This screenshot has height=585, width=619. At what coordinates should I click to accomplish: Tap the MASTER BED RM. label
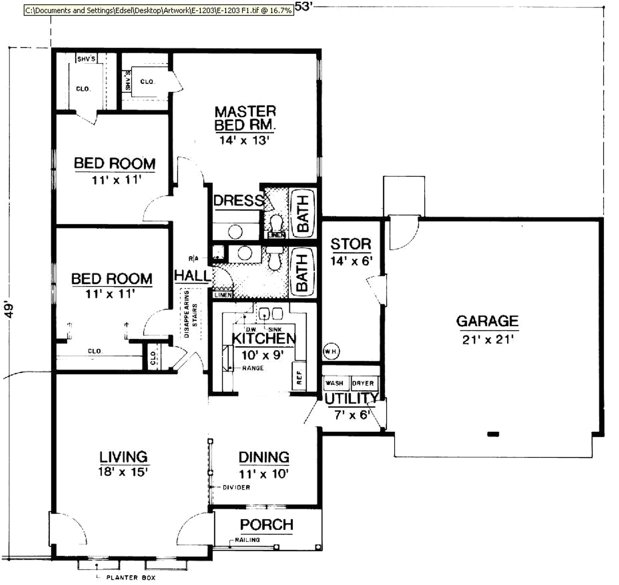click(245, 118)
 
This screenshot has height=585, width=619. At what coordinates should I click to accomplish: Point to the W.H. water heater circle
click(331, 351)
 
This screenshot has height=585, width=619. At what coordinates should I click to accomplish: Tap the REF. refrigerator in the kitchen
click(299, 377)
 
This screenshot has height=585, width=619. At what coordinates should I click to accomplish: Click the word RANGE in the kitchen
click(253, 368)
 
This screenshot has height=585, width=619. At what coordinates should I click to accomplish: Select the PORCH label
click(267, 525)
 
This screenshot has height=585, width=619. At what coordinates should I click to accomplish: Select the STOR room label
click(351, 244)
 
